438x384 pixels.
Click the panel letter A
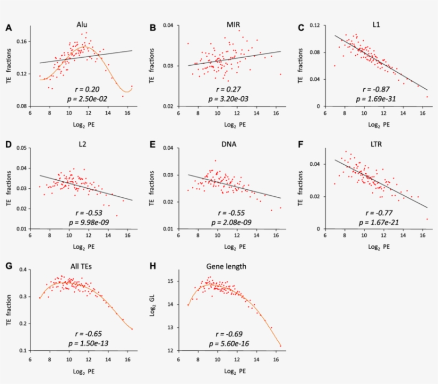[x=9, y=27]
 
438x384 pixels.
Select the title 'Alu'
[x=82, y=25]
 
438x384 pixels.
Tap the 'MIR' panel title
[x=231, y=25]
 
